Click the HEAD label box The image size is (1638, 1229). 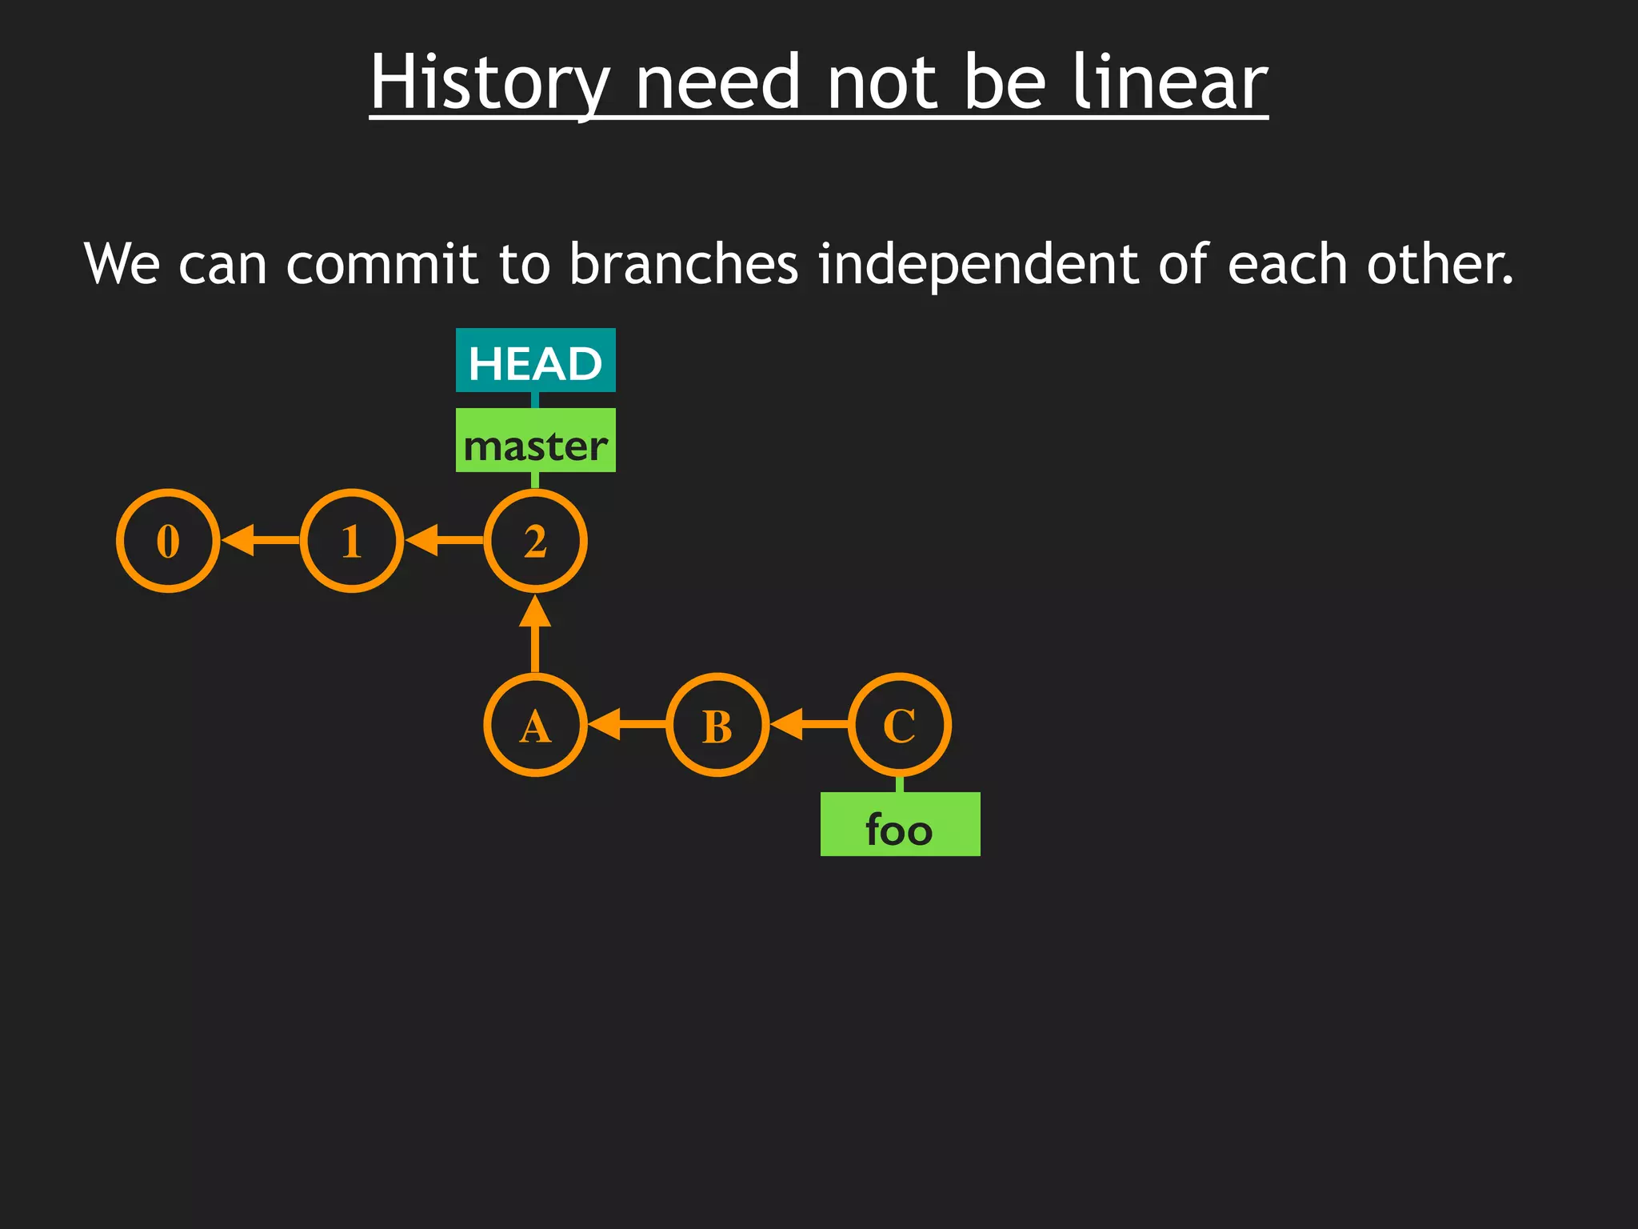(535, 361)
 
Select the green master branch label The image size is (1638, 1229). (535, 441)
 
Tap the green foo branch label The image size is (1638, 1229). (900, 825)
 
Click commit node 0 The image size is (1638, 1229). (168, 541)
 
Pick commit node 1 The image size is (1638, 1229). (352, 541)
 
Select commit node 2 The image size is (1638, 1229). (535, 541)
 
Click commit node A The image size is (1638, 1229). (535, 725)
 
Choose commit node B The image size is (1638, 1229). (717, 725)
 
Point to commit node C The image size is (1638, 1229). (900, 725)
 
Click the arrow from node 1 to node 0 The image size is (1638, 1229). (260, 540)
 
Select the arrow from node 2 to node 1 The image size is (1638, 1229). (444, 540)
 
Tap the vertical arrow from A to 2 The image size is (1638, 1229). (535, 634)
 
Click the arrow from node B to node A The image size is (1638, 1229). (627, 724)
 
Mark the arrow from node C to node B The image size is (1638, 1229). (809, 724)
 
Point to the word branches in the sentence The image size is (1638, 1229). (684, 264)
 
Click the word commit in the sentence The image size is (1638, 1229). (382, 264)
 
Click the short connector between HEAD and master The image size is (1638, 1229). (535, 400)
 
